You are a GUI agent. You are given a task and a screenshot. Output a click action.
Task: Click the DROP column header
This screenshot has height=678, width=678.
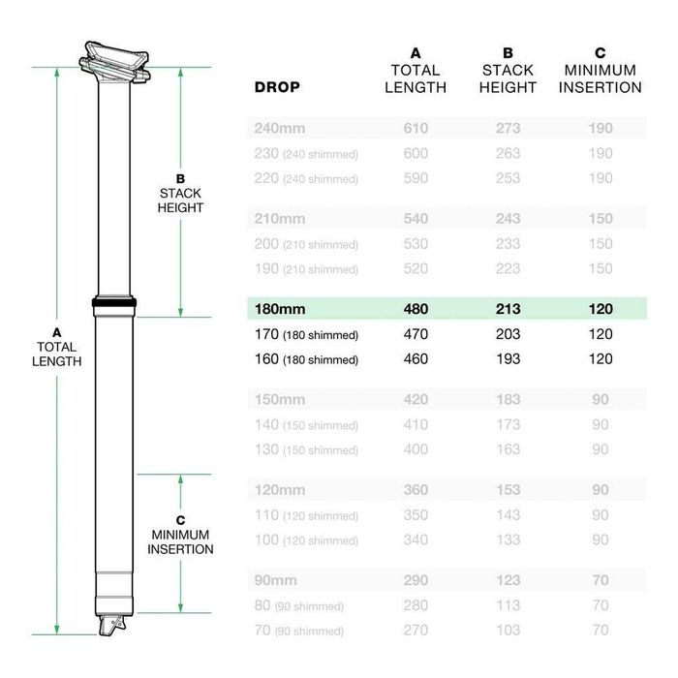click(x=277, y=87)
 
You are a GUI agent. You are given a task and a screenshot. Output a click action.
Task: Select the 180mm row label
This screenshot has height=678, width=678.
click(x=279, y=309)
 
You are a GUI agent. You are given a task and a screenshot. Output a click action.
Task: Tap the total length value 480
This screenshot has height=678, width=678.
click(x=416, y=309)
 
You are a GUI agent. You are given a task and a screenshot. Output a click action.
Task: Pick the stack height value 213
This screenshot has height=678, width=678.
click(x=508, y=309)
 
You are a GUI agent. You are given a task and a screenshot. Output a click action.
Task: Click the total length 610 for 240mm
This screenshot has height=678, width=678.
click(x=416, y=128)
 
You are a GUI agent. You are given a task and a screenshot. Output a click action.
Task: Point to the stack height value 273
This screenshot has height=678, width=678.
click(x=508, y=128)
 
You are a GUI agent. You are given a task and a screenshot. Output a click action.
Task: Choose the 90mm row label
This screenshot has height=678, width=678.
click(x=276, y=580)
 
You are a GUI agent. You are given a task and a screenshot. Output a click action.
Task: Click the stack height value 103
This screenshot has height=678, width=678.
click(x=508, y=630)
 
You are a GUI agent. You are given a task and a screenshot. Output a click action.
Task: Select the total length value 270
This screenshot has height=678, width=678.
click(x=416, y=630)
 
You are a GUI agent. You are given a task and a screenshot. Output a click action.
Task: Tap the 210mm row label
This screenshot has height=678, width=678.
click(x=279, y=219)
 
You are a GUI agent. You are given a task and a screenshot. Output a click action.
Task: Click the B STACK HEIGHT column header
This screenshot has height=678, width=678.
click(x=508, y=70)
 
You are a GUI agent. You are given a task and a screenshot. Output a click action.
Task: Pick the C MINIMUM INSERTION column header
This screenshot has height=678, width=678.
click(x=601, y=70)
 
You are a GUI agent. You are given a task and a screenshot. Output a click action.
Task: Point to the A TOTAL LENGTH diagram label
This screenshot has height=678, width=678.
click(x=57, y=347)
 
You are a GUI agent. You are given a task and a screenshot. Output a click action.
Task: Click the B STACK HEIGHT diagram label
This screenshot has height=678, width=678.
click(x=181, y=194)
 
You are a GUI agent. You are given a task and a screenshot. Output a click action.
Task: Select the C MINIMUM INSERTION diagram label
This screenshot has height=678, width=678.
click(x=180, y=535)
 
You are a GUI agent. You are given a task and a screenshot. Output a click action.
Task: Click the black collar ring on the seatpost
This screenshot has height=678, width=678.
click(x=115, y=303)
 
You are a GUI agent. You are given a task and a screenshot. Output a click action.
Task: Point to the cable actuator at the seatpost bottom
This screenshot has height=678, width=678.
click(x=114, y=626)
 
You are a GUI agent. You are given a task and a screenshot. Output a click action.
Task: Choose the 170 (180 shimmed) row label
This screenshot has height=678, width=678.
click(x=306, y=335)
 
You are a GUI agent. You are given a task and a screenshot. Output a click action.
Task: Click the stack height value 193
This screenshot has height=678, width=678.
click(x=508, y=359)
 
